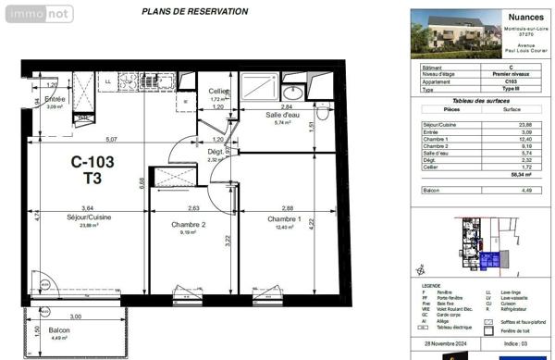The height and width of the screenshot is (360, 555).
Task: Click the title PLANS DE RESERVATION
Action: (194, 12)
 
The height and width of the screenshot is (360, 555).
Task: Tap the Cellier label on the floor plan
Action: (218, 91)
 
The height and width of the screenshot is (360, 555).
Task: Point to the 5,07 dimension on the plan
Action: (111, 140)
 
